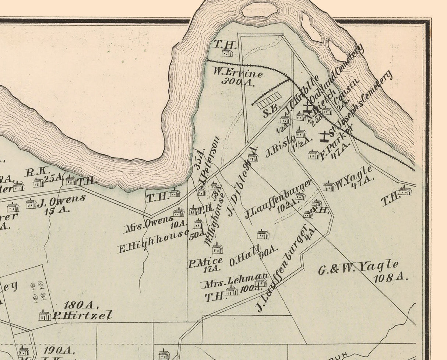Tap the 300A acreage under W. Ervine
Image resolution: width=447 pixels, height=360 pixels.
click(x=238, y=81)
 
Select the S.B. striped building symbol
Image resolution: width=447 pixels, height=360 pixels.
click(x=269, y=101)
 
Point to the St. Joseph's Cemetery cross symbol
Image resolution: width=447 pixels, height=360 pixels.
click(x=324, y=136)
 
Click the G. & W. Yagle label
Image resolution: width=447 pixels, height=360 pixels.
click(x=358, y=268)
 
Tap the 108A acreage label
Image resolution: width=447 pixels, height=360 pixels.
click(x=391, y=277)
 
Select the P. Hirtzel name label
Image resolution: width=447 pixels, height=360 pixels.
click(x=82, y=315)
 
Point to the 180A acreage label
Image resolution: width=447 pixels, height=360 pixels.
click(x=81, y=305)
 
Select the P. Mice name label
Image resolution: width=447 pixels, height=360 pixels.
click(x=205, y=263)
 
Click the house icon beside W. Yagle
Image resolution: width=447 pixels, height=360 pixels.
click(x=329, y=186)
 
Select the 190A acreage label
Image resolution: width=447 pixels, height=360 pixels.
click(x=59, y=350)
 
